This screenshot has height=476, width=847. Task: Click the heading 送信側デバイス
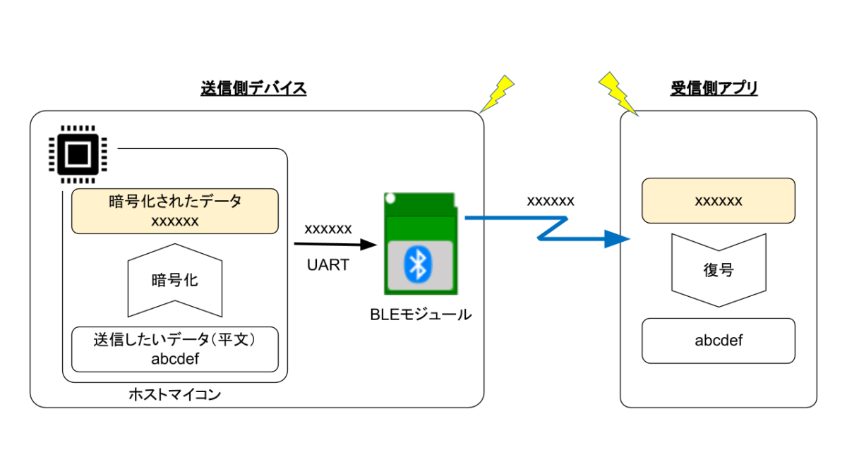pyautogui.click(x=253, y=88)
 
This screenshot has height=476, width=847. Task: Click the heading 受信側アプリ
pyautogui.click(x=714, y=88)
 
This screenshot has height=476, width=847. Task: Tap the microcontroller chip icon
pyautogui.click(x=78, y=154)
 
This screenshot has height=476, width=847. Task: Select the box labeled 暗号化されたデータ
pyautogui.click(x=175, y=211)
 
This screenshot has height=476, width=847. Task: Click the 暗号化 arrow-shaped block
pyautogui.click(x=175, y=281)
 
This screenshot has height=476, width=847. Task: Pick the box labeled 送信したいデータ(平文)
pyautogui.click(x=175, y=350)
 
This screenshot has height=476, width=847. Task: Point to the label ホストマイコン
pyautogui.click(x=175, y=394)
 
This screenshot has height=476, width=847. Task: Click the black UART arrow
pyautogui.click(x=335, y=245)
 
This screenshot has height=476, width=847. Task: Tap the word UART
pyautogui.click(x=328, y=265)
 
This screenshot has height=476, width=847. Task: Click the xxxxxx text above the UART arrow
pyautogui.click(x=328, y=229)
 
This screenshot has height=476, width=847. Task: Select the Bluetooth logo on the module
pyautogui.click(x=418, y=264)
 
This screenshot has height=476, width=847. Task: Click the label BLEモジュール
pyautogui.click(x=421, y=315)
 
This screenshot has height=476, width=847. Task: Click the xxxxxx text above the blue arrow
pyautogui.click(x=551, y=202)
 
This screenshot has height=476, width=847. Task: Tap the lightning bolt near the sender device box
pyautogui.click(x=497, y=94)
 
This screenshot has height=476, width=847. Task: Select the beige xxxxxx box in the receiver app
pyautogui.click(x=719, y=200)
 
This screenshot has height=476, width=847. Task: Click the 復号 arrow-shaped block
pyautogui.click(x=719, y=270)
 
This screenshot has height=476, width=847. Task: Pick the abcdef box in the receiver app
pyautogui.click(x=719, y=341)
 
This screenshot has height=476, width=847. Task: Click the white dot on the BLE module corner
pyautogui.click(x=390, y=198)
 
